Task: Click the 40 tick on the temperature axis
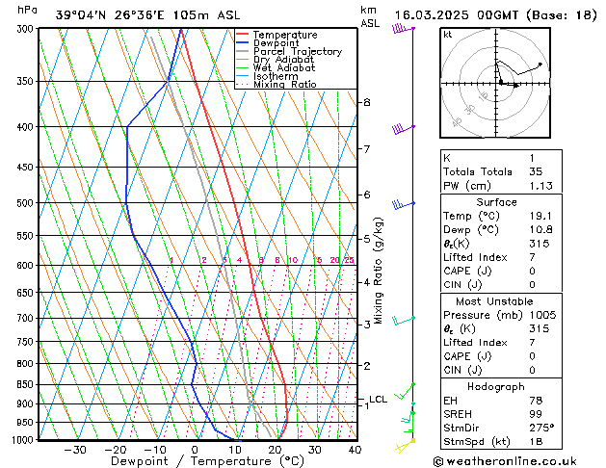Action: tap(355, 450)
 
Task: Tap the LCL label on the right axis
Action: tap(378, 399)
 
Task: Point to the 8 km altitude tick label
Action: tap(366, 102)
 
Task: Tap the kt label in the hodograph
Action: tap(447, 34)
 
